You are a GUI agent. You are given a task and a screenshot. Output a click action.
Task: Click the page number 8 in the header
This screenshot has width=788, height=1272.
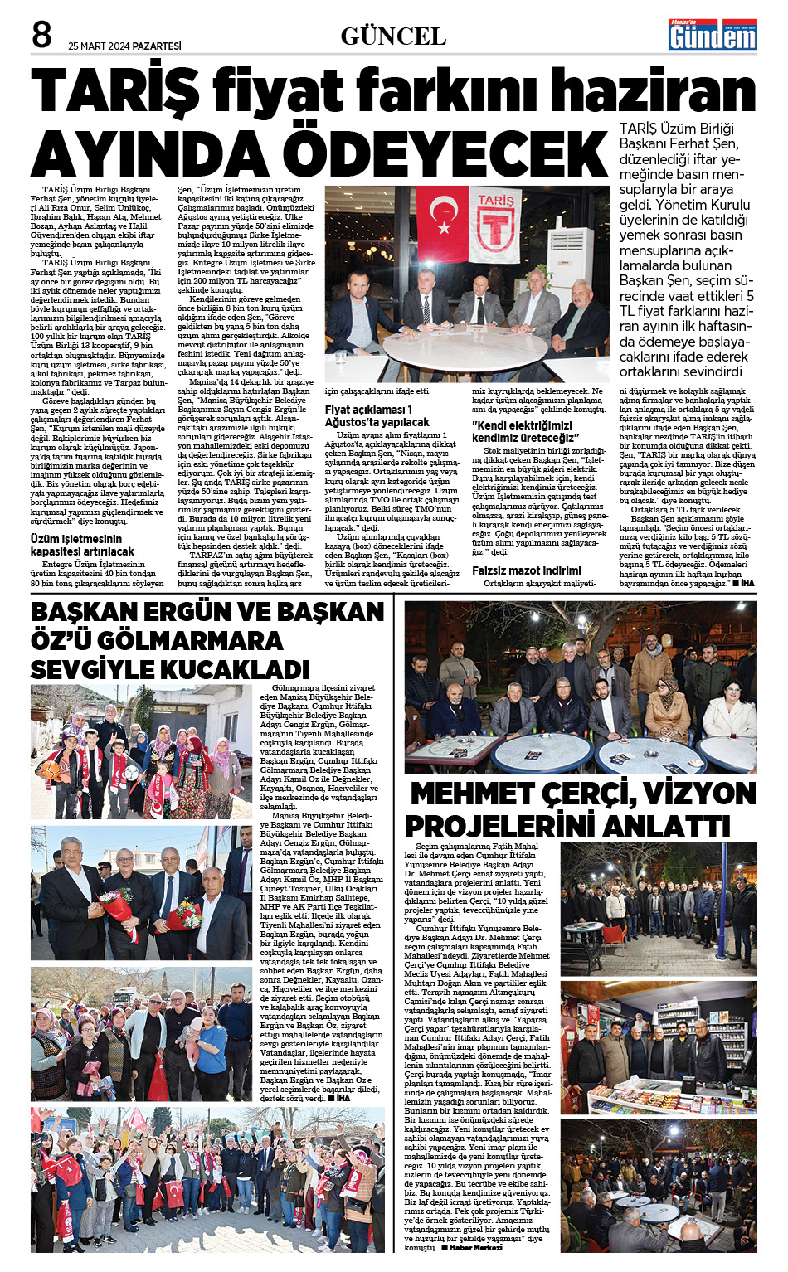[41, 35]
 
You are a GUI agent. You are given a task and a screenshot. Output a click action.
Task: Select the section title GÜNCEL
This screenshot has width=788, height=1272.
[393, 36]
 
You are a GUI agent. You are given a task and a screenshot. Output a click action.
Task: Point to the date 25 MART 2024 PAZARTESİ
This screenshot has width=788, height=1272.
[124, 46]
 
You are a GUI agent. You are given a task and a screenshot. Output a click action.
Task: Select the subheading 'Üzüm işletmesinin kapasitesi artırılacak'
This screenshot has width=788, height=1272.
[82, 545]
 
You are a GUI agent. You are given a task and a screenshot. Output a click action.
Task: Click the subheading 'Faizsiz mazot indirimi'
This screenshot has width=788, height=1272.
[527, 570]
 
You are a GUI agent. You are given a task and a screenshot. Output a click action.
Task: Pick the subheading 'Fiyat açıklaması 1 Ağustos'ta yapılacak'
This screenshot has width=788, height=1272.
[377, 415]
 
